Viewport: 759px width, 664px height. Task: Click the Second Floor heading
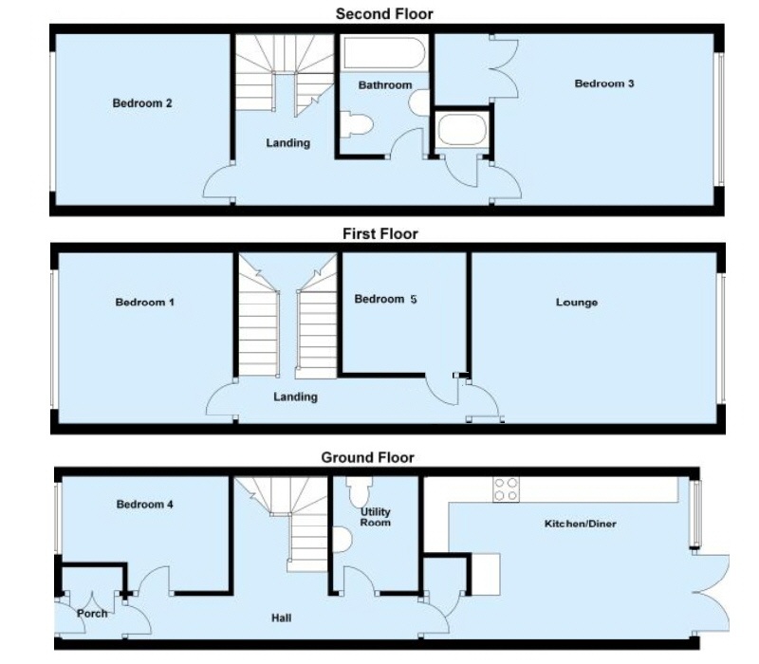[384, 13]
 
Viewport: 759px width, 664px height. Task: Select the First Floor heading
[379, 233]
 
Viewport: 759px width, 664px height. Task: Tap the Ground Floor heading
[367, 457]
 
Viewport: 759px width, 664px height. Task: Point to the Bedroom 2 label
[142, 103]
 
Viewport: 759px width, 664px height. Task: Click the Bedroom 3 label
[604, 83]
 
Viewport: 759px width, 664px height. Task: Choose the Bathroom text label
[385, 85]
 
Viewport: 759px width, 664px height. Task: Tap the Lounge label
[577, 303]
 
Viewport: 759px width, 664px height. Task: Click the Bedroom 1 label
[145, 303]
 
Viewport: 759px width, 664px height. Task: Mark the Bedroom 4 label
[145, 505]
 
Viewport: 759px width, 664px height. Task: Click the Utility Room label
[376, 517]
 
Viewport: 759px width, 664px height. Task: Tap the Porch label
[92, 613]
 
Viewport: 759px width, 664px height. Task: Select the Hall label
[281, 618]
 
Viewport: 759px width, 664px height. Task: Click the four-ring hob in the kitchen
[506, 489]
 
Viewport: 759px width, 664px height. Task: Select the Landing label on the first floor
[295, 397]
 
